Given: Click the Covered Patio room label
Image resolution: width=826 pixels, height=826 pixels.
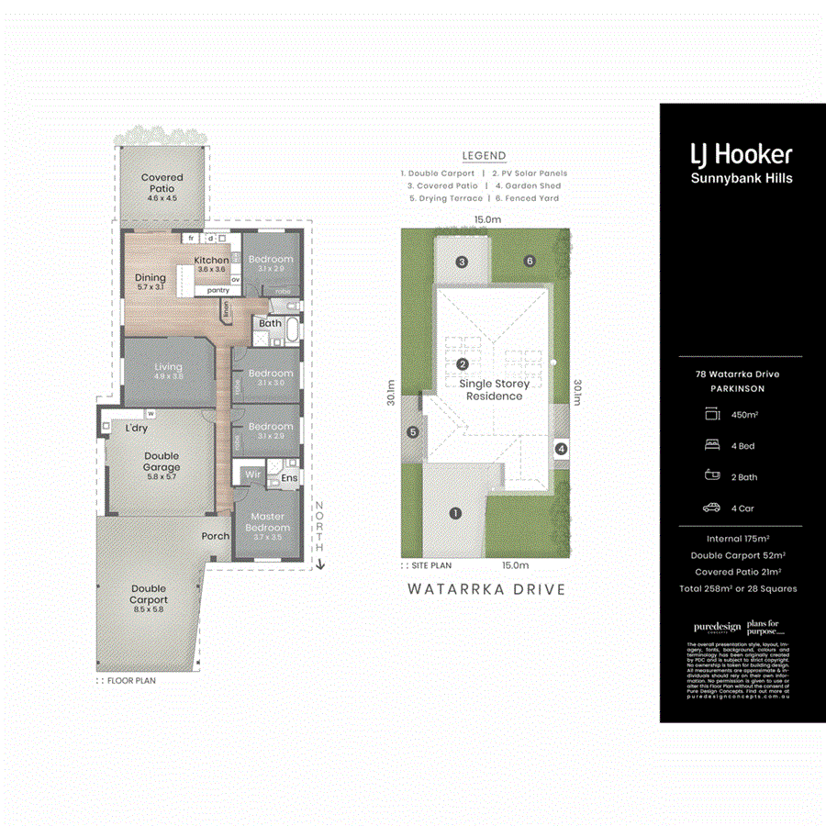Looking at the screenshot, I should (x=162, y=183).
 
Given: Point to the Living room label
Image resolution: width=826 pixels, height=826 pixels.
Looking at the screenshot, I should (x=168, y=371).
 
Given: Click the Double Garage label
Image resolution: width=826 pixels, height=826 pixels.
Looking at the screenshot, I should (x=162, y=462).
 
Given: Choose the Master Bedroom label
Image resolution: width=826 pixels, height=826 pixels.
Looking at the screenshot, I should (x=268, y=522).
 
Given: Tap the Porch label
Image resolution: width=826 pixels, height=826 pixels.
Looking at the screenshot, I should (x=216, y=537).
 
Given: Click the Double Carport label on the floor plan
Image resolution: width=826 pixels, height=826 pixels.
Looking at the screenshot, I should (x=149, y=595).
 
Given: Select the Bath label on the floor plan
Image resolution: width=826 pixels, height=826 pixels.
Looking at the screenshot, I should (x=270, y=323).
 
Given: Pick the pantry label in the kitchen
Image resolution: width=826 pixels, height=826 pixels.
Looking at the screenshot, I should (x=218, y=290).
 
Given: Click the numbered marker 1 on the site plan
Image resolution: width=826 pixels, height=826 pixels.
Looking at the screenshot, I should (x=453, y=514).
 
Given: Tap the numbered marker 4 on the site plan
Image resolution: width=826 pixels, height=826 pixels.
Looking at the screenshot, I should (x=562, y=449).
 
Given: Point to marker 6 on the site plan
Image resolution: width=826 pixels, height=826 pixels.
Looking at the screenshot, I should (x=530, y=262).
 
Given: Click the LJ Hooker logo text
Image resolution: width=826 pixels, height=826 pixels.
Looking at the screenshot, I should (x=742, y=155).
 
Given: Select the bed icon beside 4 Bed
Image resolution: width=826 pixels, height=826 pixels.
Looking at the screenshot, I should (x=712, y=447).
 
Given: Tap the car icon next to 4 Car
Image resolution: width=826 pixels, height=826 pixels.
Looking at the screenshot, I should (x=712, y=508).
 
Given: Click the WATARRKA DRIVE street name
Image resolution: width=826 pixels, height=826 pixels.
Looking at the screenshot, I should (x=486, y=589).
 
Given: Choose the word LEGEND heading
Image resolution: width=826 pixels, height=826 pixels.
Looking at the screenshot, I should (x=484, y=156).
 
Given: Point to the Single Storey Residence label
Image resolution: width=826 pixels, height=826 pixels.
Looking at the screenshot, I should (x=494, y=390).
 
